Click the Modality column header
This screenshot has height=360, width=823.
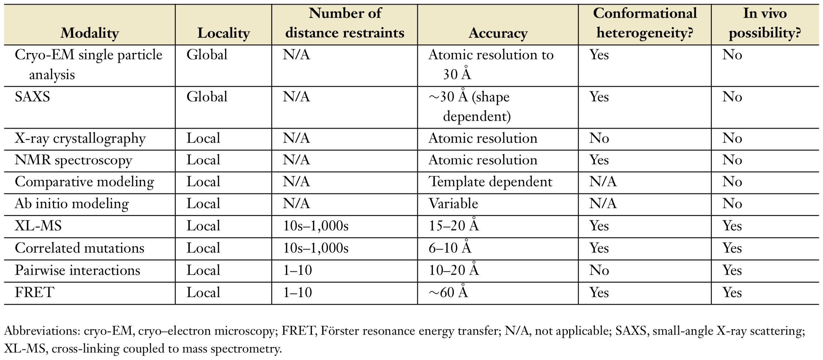tap(90, 33)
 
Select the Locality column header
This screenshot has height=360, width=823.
tap(223, 33)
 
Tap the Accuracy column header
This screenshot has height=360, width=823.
tap(498, 33)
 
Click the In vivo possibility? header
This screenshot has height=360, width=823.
tap(765, 23)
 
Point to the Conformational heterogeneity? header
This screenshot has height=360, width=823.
tap(644, 23)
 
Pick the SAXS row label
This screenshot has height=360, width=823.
tap(32, 97)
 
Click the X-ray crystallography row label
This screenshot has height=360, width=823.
tap(80, 139)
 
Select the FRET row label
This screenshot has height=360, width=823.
tap(34, 293)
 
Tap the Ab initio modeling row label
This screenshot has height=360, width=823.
tap(72, 204)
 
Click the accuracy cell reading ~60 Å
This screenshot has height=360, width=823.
tap(448, 293)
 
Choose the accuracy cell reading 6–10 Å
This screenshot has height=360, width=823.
tap(450, 248)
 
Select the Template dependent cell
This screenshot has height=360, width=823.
tap(490, 182)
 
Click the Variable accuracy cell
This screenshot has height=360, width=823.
tap(453, 204)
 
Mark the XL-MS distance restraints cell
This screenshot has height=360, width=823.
tap(315, 226)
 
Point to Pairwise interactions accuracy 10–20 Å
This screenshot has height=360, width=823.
tap(454, 270)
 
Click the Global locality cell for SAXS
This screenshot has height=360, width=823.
tap(207, 97)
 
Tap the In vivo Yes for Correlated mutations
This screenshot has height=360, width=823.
tap(732, 248)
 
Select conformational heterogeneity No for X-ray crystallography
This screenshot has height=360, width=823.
tap(599, 139)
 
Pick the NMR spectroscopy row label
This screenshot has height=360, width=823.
tap(74, 160)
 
